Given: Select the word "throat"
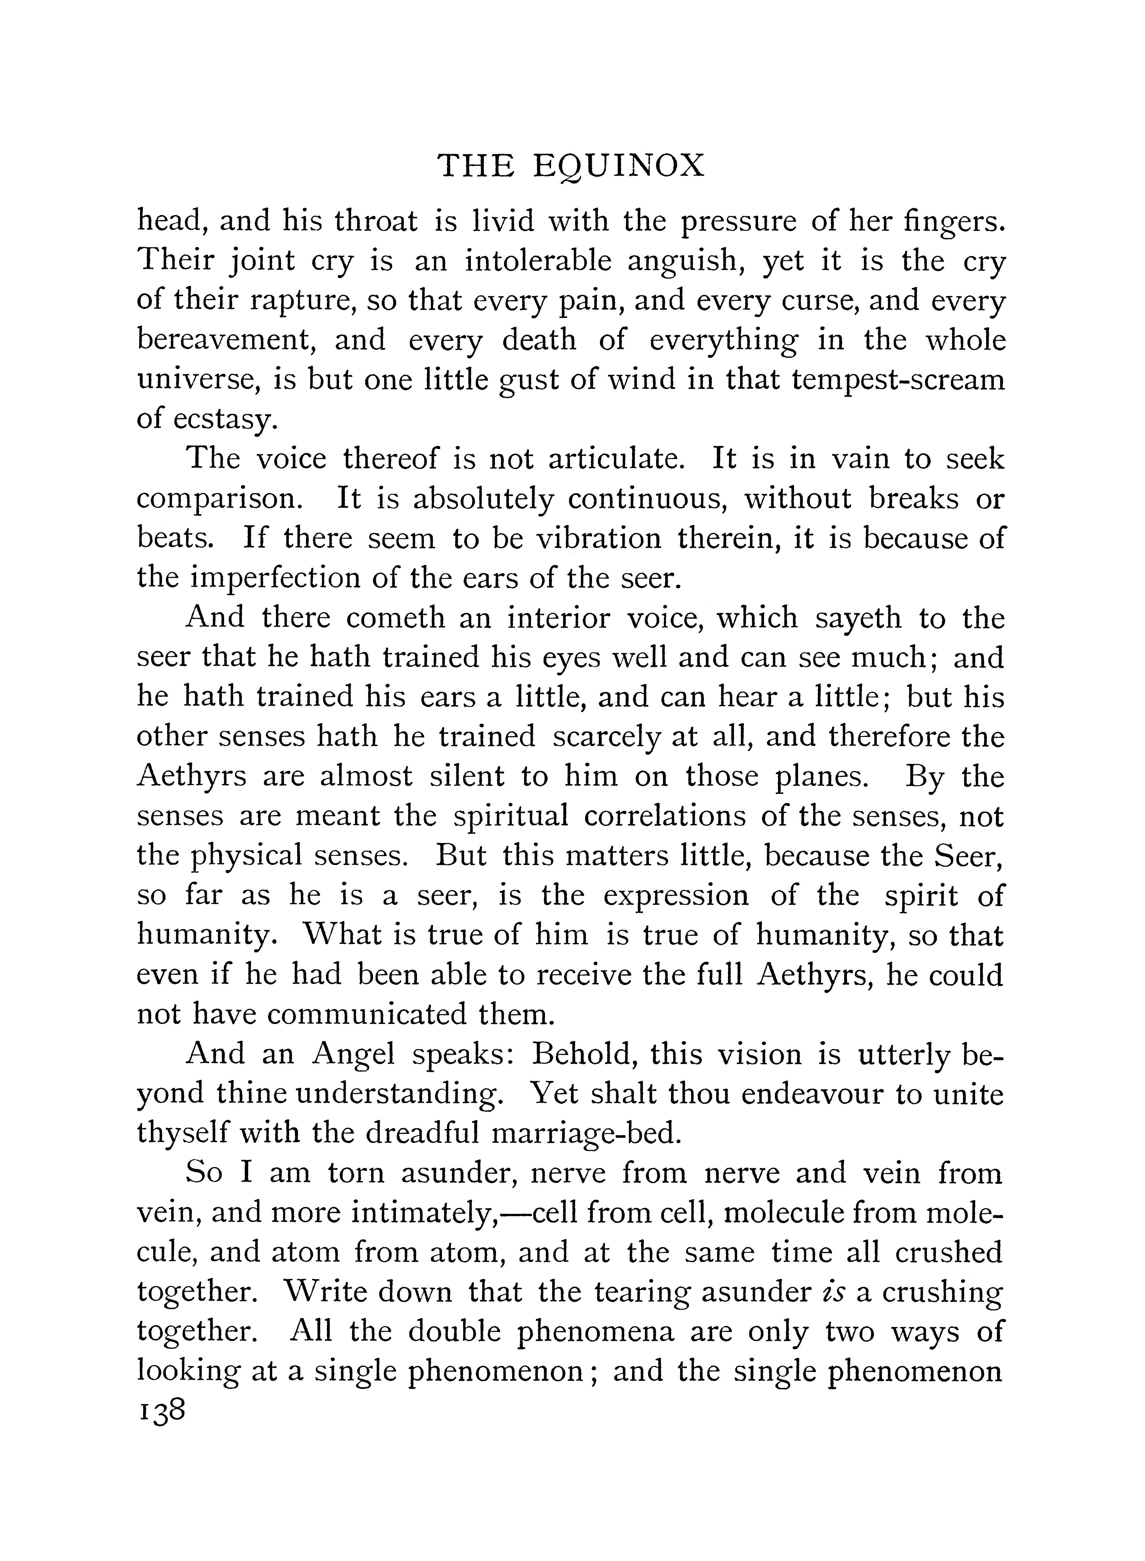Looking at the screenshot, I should click(376, 221).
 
